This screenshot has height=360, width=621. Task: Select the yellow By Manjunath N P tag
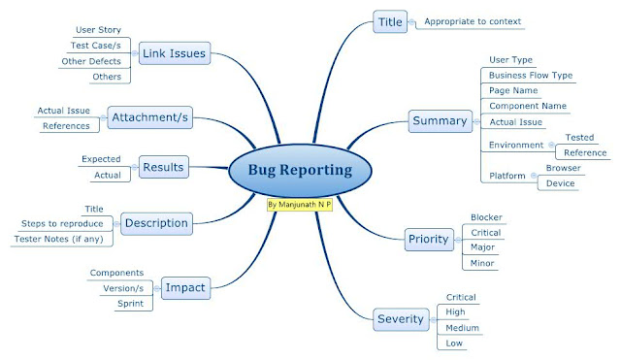pos(299,206)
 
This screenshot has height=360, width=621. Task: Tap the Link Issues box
pos(175,52)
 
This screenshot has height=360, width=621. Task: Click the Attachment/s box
pos(150,117)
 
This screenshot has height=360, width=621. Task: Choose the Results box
pos(164,167)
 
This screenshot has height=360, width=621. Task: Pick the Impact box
pos(185,288)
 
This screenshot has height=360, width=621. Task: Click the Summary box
pos(440,122)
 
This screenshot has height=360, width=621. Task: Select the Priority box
pos(428,239)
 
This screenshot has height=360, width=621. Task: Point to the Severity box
pos(401,318)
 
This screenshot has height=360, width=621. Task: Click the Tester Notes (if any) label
pos(58,239)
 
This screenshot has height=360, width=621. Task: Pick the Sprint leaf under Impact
pos(131,304)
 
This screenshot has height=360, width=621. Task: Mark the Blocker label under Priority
pos(486,217)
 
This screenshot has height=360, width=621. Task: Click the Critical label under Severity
pos(461,297)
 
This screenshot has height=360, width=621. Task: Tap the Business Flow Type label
pos(531,75)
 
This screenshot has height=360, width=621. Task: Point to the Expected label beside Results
pos(101,158)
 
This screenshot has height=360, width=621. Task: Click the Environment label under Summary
pos(514,145)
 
